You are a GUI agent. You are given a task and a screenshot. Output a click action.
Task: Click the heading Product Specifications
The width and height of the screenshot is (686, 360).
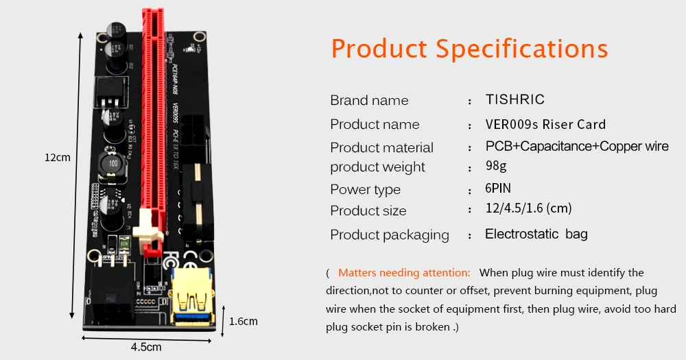click(469, 49)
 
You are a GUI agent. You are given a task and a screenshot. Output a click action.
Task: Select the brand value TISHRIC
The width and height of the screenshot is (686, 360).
click(514, 99)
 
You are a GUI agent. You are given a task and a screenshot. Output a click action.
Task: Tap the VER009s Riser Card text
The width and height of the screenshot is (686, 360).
click(545, 124)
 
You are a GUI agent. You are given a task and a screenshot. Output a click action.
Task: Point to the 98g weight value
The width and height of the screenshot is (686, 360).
click(497, 167)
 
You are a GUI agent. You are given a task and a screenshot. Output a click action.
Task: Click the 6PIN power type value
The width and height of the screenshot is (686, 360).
click(498, 189)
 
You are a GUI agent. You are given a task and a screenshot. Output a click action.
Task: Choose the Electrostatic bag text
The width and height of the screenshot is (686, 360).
click(536, 235)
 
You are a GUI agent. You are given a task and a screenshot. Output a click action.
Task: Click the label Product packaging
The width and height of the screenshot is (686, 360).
click(390, 235)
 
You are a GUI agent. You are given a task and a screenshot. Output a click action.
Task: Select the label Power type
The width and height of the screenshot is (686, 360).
click(365, 189)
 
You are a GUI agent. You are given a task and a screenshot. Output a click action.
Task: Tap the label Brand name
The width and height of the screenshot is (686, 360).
click(369, 100)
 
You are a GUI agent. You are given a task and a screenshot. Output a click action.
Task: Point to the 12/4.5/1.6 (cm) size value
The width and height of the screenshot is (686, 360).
click(528, 208)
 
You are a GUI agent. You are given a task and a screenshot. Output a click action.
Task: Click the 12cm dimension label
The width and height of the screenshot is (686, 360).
click(58, 157)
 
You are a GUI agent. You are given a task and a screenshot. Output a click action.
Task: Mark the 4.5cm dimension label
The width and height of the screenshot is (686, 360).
click(146, 346)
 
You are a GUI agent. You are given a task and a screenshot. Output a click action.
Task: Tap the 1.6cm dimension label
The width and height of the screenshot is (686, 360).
click(244, 321)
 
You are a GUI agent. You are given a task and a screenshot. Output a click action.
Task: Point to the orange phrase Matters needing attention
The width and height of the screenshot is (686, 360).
click(404, 273)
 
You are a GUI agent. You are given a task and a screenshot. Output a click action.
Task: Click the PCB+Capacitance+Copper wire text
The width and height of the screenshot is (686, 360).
click(576, 147)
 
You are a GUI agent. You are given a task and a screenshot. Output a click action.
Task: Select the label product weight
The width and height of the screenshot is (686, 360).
click(377, 167)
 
